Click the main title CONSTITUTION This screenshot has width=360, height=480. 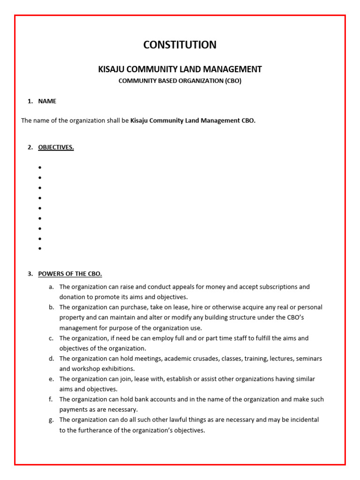180,45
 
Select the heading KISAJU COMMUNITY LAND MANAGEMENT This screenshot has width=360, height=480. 180,69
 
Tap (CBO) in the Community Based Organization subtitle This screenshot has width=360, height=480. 233,81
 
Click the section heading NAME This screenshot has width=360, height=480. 47,101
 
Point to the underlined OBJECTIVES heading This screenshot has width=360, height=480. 56,147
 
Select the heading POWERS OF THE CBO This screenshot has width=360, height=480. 70,274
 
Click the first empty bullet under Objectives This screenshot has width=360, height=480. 40,167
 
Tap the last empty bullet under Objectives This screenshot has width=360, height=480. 40,249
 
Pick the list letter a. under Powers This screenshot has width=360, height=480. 51,287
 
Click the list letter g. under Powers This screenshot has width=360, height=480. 51,420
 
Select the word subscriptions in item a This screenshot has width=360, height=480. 273,287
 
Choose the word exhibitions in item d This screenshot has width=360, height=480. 118,369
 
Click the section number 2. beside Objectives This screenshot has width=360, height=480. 30,147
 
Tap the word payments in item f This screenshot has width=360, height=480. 72,410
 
